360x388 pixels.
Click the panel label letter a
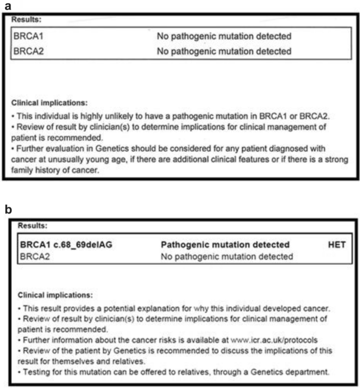7,7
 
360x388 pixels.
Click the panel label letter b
7,209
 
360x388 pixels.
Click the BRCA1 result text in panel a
224,36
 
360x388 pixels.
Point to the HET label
336,245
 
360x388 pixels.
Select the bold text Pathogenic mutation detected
225,245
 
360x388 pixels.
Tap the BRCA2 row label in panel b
33,256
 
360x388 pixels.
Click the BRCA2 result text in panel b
227,256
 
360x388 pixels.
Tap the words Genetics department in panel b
293,373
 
